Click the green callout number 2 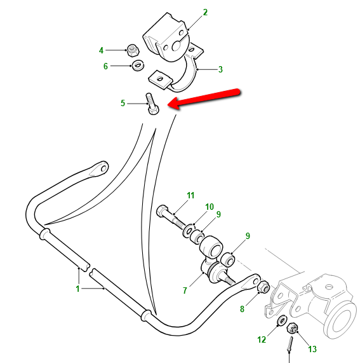point(205,12)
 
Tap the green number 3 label point(220,69)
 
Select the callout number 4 point(101,50)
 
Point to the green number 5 point(123,103)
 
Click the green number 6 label point(105,66)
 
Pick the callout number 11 point(190,195)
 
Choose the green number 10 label point(210,207)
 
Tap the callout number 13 point(312,349)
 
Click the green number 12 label point(262,339)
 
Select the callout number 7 point(185,291)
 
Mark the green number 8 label point(242,309)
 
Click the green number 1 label point(77,289)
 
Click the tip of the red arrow point(168,105)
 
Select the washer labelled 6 point(138,65)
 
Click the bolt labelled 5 point(152,105)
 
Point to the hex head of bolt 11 point(162,210)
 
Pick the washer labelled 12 point(282,320)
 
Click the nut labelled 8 point(263,287)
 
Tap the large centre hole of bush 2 point(176,46)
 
